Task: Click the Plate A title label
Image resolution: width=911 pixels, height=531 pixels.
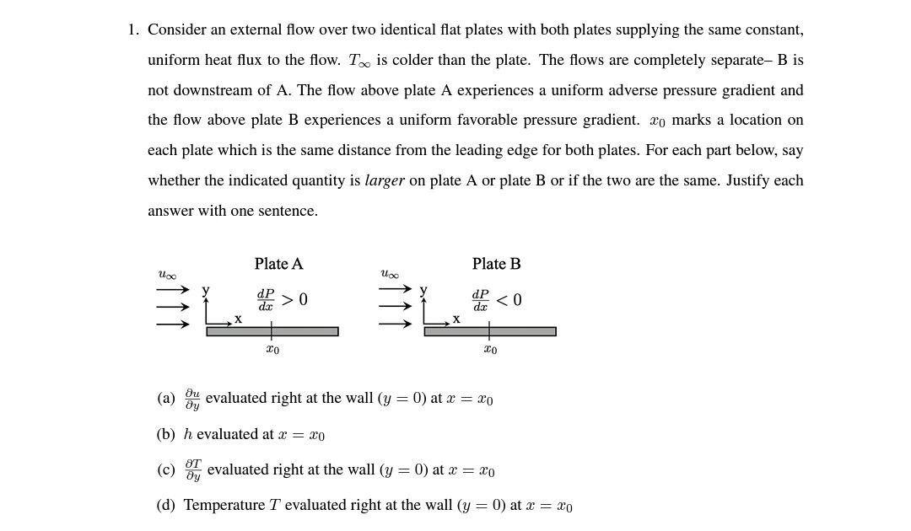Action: tap(278, 264)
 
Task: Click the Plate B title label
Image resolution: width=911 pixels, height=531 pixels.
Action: tap(496, 264)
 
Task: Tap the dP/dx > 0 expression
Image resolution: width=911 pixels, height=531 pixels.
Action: tap(282, 300)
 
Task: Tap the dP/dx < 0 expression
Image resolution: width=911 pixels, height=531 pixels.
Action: tap(496, 300)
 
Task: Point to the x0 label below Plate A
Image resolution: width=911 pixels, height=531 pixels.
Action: tap(272, 349)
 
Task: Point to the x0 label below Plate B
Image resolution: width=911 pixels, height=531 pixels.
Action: tap(490, 349)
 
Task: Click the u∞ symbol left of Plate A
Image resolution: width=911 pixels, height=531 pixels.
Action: tap(167, 275)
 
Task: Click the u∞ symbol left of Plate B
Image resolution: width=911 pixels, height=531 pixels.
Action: tap(390, 275)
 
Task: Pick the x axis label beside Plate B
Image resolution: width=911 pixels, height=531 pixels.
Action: tap(456, 319)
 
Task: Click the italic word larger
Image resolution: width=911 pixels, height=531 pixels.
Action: tap(385, 180)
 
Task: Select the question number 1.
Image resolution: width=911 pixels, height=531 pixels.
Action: tap(132, 30)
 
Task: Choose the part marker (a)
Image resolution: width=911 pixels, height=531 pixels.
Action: tap(166, 398)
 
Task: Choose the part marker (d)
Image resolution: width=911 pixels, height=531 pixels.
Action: tap(166, 506)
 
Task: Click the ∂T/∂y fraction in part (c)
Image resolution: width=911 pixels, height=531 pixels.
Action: tap(193, 470)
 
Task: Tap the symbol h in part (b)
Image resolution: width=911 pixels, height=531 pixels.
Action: tap(187, 434)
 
